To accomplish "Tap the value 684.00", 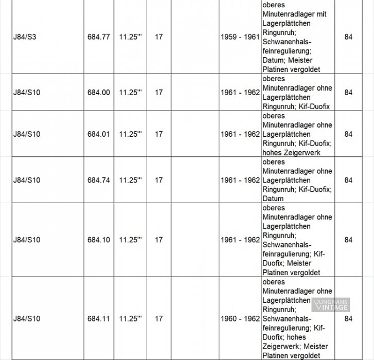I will [x=98, y=93].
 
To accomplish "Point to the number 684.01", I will [x=98, y=134].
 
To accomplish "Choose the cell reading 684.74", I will [x=98, y=181].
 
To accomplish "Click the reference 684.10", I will [x=98, y=240].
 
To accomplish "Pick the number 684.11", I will [x=98, y=319].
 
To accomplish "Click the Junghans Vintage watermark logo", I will [x=330, y=304].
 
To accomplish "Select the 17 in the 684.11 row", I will [x=158, y=319].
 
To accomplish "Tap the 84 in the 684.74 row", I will [x=348, y=181].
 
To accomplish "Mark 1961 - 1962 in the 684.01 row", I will [x=239, y=134].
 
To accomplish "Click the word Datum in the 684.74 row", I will [x=273, y=199].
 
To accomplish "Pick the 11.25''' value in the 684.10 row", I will [x=130, y=240].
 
